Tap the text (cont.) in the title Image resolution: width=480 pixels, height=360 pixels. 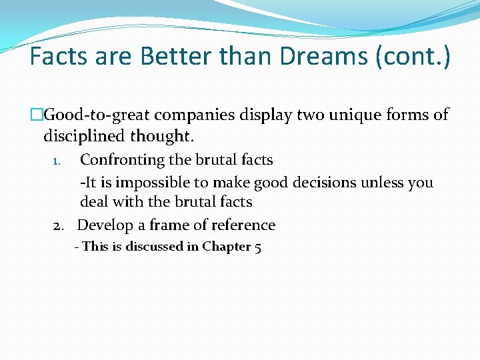[x=413, y=57]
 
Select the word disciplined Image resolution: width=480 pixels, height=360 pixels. [x=83, y=137]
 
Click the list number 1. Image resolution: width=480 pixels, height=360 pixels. [x=57, y=161]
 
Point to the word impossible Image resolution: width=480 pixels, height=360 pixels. [x=153, y=183]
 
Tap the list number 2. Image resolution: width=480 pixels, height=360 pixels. [x=59, y=226]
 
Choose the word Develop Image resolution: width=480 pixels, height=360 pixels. [x=103, y=225]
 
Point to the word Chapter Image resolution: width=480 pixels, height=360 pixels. [x=226, y=247]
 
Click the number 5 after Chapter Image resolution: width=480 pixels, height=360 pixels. [x=258, y=247]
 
